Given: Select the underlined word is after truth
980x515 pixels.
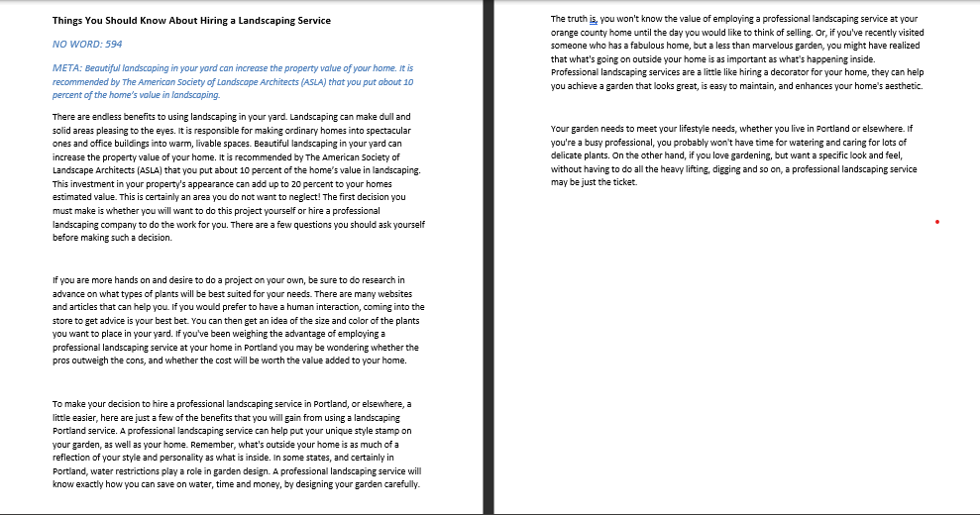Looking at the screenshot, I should [596, 19].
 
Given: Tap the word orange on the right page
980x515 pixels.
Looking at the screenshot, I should [567, 32].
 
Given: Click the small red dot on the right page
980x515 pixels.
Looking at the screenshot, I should [935, 222].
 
